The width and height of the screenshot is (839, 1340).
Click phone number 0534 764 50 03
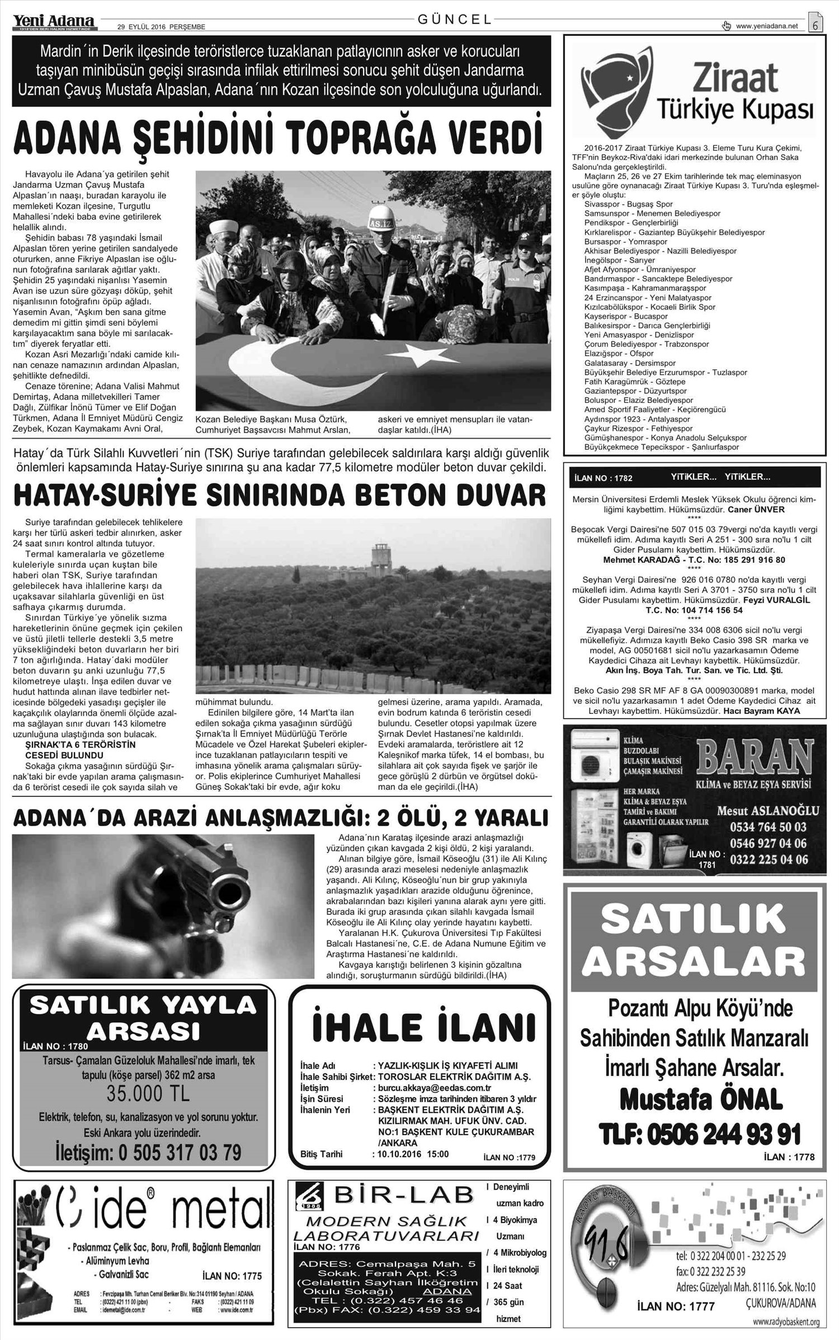coord(769,826)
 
